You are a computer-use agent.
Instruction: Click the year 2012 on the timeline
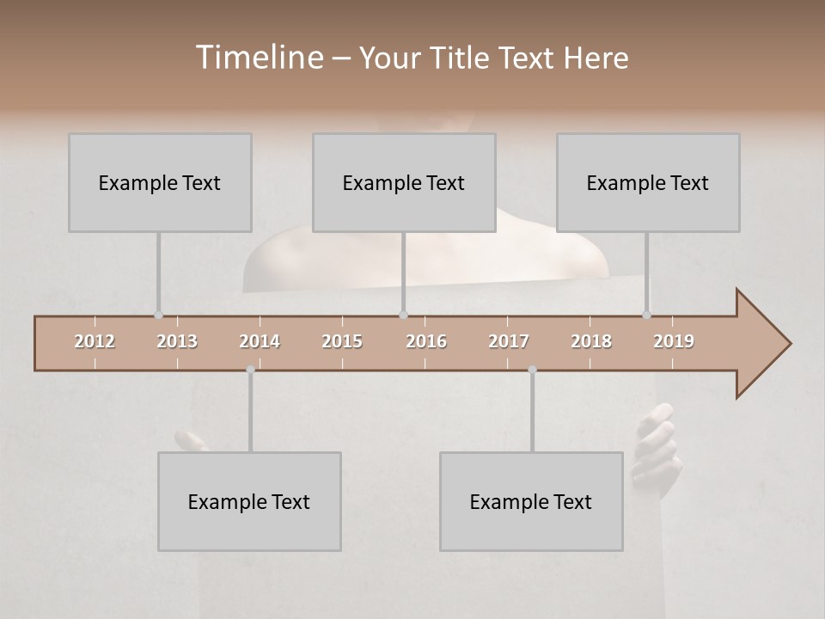click(95, 341)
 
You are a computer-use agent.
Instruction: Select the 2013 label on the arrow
click(177, 341)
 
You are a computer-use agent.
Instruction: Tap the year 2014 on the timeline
click(260, 341)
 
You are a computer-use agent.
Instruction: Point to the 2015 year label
click(342, 341)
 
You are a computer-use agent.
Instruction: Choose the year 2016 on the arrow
click(426, 341)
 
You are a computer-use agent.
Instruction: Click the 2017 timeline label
click(509, 341)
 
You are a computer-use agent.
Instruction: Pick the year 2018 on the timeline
click(591, 341)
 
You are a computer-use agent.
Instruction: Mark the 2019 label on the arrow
click(674, 341)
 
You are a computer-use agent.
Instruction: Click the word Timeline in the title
click(259, 58)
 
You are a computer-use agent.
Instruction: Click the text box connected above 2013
click(160, 182)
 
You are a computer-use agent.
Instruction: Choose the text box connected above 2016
click(404, 182)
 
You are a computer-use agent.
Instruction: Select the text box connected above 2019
click(648, 182)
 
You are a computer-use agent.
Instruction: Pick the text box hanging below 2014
click(249, 501)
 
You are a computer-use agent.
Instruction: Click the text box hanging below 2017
click(531, 501)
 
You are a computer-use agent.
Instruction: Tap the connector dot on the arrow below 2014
click(250, 370)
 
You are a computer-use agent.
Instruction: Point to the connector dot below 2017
click(532, 370)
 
